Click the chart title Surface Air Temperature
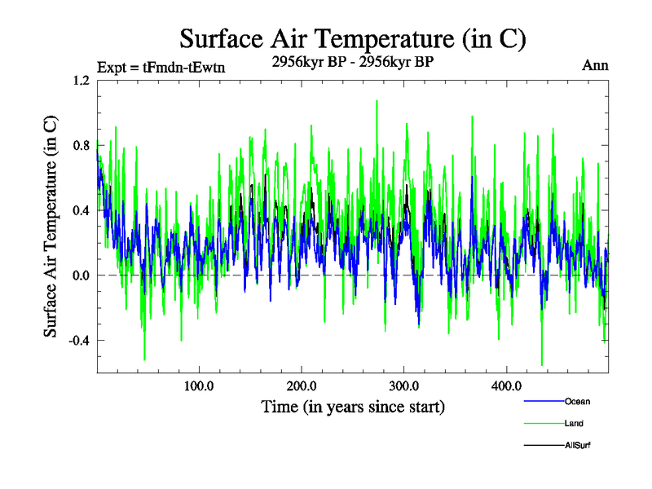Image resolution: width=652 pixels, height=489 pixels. coord(352,38)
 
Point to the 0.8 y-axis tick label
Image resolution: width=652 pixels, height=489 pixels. coord(81,145)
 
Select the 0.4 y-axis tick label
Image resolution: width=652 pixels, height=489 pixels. coord(81,210)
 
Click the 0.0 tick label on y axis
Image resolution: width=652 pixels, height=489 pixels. coord(81,275)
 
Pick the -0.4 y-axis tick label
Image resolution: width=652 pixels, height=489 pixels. coord(78,341)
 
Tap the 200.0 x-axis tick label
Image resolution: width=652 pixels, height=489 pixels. coord(302,386)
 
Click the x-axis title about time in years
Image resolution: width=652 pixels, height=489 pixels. coord(353,406)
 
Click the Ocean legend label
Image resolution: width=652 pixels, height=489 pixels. coord(577,401)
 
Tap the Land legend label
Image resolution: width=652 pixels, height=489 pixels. coord(574,423)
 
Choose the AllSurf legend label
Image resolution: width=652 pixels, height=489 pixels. coord(577,445)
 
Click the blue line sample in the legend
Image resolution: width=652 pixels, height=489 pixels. coord(543,401)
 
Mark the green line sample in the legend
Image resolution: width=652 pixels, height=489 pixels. coord(543,423)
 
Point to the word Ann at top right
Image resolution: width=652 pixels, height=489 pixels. coord(595,65)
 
